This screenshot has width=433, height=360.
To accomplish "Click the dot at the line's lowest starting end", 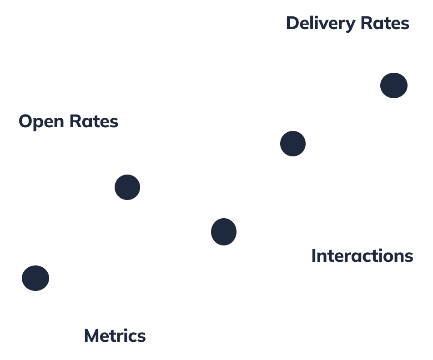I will tap(35, 278).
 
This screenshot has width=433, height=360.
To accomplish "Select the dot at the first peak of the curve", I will tap(127, 187).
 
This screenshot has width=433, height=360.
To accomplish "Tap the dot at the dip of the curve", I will tap(224, 231).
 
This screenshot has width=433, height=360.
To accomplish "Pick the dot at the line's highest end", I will tap(393, 85).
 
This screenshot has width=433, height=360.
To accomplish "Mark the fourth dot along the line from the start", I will tap(293, 144).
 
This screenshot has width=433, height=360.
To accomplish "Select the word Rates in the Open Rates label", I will tap(94, 121).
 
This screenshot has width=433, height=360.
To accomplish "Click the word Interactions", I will tap(362, 256).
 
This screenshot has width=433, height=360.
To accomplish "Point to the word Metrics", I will tap(115, 336).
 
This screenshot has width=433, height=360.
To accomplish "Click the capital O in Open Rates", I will tap(25, 121).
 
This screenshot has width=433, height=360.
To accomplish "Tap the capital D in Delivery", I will tap(292, 23).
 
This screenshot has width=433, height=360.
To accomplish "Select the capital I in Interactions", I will tap(314, 256).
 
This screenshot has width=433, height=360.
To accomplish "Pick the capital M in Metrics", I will tap(92, 336).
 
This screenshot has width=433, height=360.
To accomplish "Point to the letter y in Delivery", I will tap(352, 25).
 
